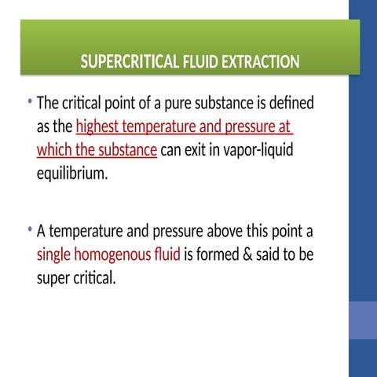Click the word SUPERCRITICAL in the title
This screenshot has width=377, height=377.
(125, 62)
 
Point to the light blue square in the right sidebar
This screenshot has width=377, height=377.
(362, 320)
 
